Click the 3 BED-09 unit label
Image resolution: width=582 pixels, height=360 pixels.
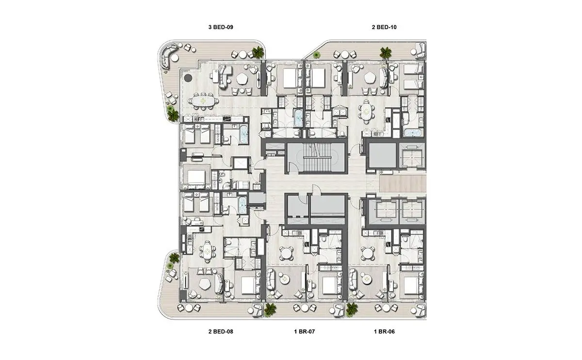(x=221, y=27)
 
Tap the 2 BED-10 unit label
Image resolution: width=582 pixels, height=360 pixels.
(x=384, y=27)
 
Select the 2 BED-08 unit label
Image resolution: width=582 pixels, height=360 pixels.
(x=221, y=331)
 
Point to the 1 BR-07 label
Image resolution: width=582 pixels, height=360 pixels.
(x=304, y=331)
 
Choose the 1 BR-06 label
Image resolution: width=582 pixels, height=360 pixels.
(x=384, y=331)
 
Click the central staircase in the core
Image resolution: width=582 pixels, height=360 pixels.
(x=317, y=158)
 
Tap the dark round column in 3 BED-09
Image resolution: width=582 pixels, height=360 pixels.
(x=188, y=78)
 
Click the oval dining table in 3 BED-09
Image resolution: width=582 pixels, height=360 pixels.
(x=203, y=101)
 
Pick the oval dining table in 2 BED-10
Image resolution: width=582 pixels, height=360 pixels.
(x=366, y=112)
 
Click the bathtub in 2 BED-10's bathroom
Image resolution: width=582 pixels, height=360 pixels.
(x=413, y=132)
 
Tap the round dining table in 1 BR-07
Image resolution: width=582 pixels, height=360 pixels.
(x=286, y=253)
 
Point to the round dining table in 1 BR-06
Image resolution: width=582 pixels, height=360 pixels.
(x=368, y=253)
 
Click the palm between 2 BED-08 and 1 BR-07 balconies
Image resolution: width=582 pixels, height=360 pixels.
(x=270, y=310)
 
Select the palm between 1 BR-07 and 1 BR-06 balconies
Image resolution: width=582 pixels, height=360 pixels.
(x=352, y=310)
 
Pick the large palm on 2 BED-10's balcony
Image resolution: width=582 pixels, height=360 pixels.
(x=385, y=53)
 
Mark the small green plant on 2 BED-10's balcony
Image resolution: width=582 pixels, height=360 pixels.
(x=316, y=55)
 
